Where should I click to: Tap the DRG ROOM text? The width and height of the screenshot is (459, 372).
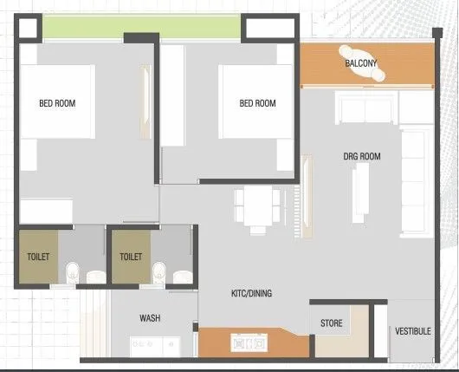pyautogui.click(x=362, y=156)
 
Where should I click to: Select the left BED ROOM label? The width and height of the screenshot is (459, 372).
pyautogui.click(x=57, y=103)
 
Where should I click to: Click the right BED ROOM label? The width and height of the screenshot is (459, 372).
pyautogui.click(x=257, y=103)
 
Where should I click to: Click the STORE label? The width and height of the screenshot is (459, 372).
pyautogui.click(x=331, y=323)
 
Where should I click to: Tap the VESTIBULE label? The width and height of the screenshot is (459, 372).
pyautogui.click(x=412, y=331)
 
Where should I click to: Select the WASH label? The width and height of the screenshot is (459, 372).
pyautogui.click(x=150, y=318)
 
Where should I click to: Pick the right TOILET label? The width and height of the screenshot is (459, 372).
pyautogui.click(x=131, y=257)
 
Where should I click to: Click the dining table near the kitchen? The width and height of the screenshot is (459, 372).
pyautogui.click(x=258, y=207)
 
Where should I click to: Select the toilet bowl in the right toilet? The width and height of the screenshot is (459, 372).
pyautogui.click(x=158, y=271)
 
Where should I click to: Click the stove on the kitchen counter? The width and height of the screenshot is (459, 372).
pyautogui.click(x=249, y=343)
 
